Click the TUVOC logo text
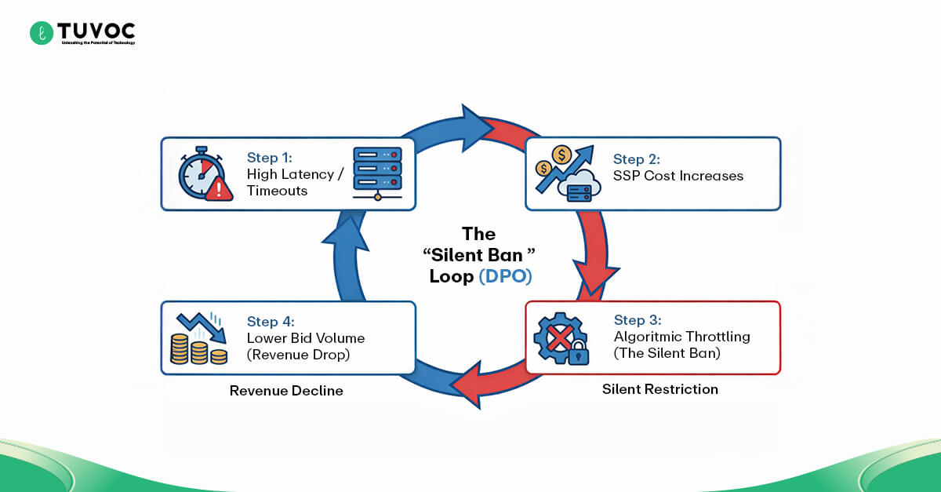point(96,31)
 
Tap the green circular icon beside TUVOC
point(41,33)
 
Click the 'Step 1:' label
point(269,158)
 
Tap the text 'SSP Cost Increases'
point(678,176)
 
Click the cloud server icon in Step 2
point(580,186)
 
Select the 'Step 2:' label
point(635,159)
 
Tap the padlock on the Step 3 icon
point(577,352)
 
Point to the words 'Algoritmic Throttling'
point(681,337)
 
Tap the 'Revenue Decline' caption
point(286,391)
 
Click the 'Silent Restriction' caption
point(659,389)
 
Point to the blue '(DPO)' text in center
point(502,276)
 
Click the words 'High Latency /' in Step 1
point(295,174)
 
